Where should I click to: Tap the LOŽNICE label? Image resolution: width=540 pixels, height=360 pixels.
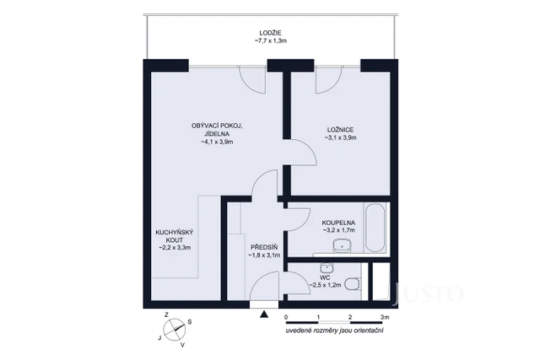pyautogui.click(x=340, y=129)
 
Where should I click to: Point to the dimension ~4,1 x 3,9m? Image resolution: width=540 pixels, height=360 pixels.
pyautogui.click(x=217, y=142)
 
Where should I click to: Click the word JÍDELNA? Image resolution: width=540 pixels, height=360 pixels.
pyautogui.click(x=217, y=133)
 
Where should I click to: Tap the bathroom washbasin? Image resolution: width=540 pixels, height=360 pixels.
pyautogui.click(x=342, y=246)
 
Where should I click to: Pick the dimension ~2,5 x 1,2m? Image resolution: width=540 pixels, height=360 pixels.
pyautogui.click(x=325, y=285)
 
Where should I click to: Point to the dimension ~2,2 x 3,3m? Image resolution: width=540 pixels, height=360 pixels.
pyautogui.click(x=175, y=248)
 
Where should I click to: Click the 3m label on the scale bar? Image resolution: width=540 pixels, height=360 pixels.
pyautogui.click(x=386, y=317)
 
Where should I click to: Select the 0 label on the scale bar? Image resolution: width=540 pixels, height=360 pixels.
pyautogui.click(x=287, y=317)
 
